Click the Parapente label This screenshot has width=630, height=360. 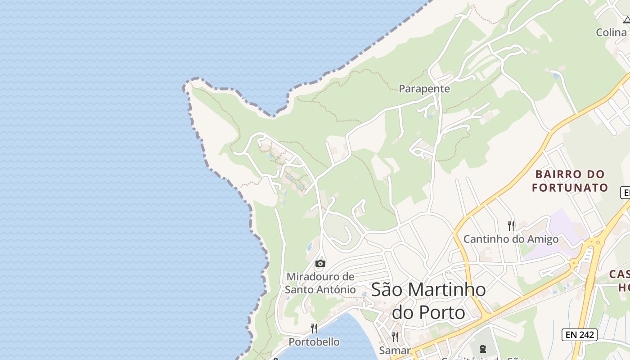tap(424, 89)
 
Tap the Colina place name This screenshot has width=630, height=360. tap(611, 32)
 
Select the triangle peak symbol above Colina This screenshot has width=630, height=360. tap(626, 20)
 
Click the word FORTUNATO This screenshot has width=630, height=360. tap(570, 187)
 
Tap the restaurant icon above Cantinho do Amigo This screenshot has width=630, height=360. tap(511, 225)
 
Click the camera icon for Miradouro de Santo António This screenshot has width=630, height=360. tap(320, 263)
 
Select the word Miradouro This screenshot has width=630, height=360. tap(320, 276)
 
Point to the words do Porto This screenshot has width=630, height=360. tap(428, 312)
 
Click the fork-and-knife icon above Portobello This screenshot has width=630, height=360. tap(314, 328)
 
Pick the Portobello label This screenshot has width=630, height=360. tap(314, 342)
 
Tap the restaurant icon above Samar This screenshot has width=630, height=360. tap(395, 337)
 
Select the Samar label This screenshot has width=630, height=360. tap(395, 350)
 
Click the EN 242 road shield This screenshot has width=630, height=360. tap(580, 334)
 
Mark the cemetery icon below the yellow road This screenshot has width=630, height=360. tap(482, 349)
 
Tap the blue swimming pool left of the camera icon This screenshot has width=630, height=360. tap(310, 247)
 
